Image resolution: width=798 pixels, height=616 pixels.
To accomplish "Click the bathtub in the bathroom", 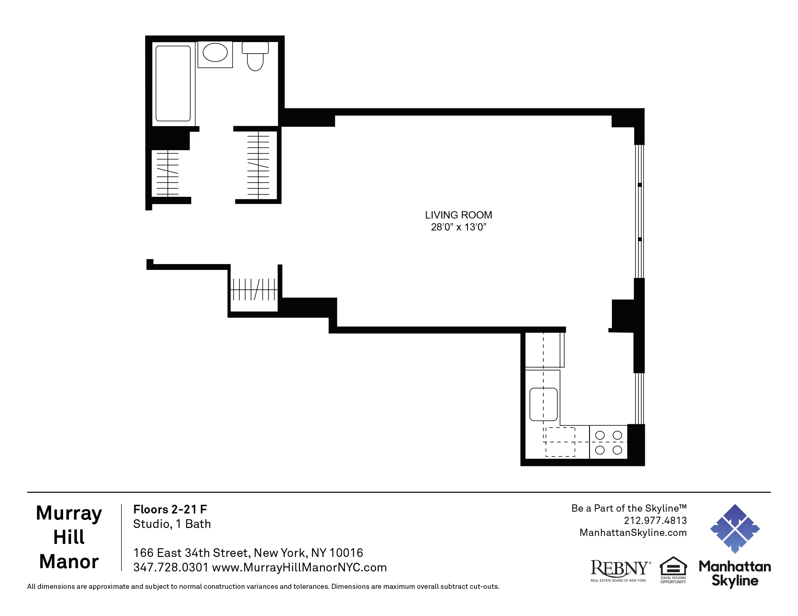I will click(173, 83).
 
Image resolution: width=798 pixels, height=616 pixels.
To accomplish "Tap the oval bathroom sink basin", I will click(215, 53).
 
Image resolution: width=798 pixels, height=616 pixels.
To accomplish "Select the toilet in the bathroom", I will click(255, 57).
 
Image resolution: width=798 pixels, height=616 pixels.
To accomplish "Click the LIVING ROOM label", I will click(458, 215).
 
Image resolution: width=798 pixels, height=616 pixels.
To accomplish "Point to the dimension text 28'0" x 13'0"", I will click(458, 227).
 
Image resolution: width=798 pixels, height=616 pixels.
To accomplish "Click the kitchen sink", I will click(543, 404).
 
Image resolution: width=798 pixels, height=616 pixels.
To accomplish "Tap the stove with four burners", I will click(608, 442).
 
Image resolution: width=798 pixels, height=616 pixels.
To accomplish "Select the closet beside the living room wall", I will click(258, 165).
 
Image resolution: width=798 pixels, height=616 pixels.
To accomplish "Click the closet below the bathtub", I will click(168, 173).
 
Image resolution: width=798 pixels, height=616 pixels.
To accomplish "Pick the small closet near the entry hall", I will click(254, 290).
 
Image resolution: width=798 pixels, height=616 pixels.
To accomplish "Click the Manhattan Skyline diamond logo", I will click(735, 528).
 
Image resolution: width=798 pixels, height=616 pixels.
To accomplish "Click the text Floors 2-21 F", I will click(170, 509).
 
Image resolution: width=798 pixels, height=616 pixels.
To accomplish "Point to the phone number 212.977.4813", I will click(655, 520).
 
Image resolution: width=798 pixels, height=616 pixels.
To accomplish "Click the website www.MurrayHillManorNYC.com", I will click(299, 567).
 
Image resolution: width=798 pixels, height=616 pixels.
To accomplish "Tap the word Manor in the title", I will click(69, 561).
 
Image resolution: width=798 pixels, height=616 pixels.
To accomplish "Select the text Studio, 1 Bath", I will click(172, 524).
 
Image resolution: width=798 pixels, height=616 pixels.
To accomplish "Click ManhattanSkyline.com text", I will click(633, 532).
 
